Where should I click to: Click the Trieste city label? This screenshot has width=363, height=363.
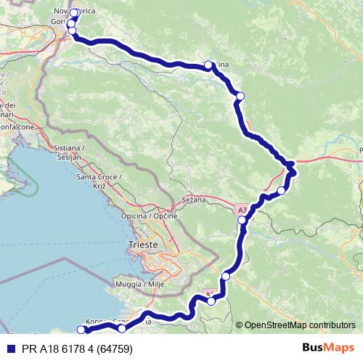[x=143, y=245]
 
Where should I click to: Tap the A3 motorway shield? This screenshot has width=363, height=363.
[x=242, y=211]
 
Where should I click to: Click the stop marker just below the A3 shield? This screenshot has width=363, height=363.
[x=242, y=219]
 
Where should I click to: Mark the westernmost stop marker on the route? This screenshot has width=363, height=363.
[x=81, y=330]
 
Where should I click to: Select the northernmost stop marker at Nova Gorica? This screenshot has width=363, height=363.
[x=74, y=13]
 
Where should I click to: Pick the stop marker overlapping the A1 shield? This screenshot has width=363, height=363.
[x=211, y=301]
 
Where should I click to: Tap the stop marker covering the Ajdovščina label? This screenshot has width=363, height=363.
[x=208, y=65]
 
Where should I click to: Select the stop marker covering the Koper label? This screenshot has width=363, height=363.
[x=122, y=329]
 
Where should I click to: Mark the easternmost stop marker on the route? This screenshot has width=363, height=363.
[x=291, y=172]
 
